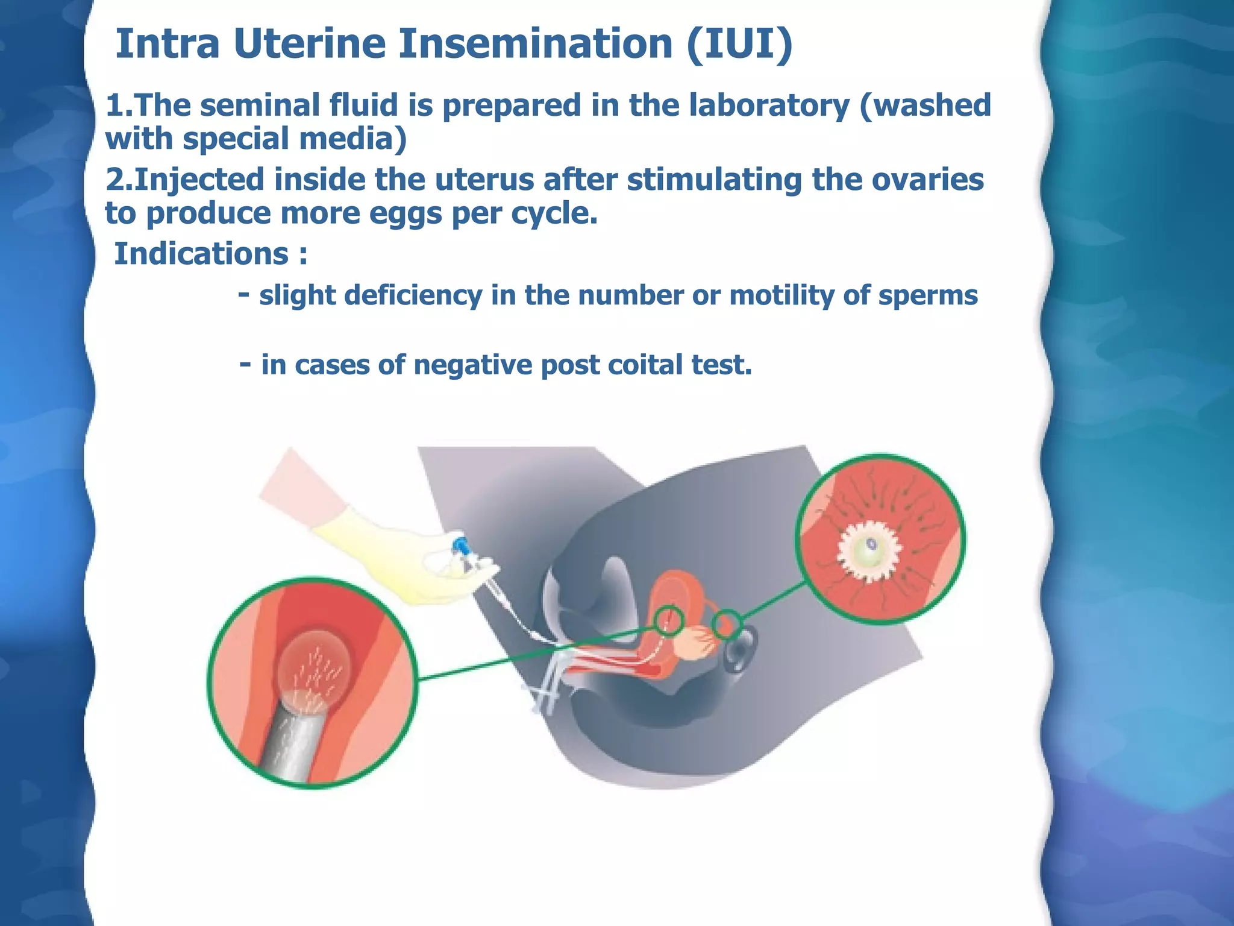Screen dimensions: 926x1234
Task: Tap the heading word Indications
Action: pyautogui.click(x=201, y=253)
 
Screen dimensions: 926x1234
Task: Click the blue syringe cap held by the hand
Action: pyautogui.click(x=461, y=545)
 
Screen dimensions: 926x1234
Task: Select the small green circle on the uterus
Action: pyautogui.click(x=669, y=621)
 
